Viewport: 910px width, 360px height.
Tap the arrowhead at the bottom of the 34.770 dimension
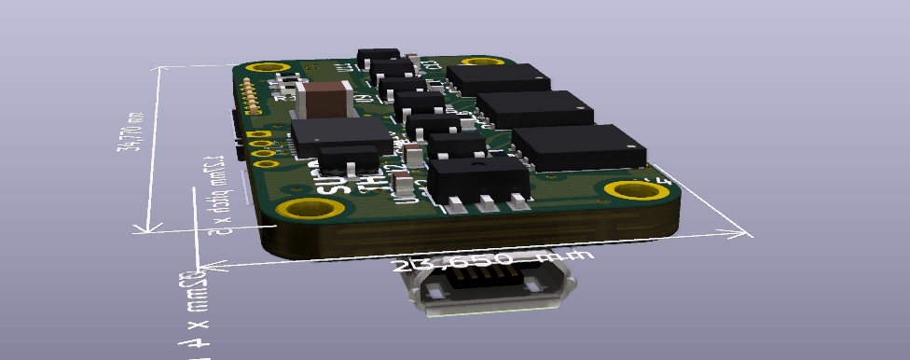(x=143, y=228)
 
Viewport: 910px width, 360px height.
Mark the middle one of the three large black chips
(x=534, y=109)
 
